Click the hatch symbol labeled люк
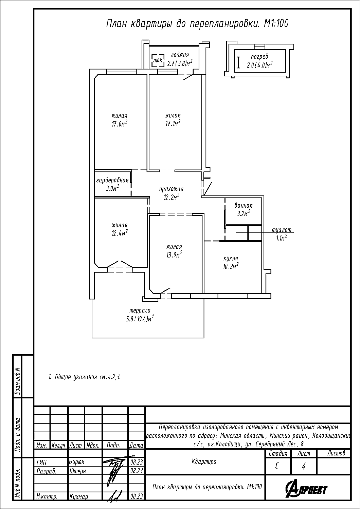pyautogui.click(x=158, y=60)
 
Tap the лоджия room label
pyautogui.click(x=180, y=55)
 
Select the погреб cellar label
pyautogui.click(x=259, y=57)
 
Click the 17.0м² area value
pyautogui.click(x=119, y=124)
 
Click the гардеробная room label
pyautogui.click(x=112, y=180)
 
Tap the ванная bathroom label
pyautogui.click(x=243, y=205)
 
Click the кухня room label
pyautogui.click(x=231, y=259)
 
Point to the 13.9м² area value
pyautogui.click(x=174, y=255)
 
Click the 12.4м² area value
pyautogui.click(x=120, y=233)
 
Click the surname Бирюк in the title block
pyautogui.click(x=76, y=462)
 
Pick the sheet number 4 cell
pyautogui.click(x=303, y=467)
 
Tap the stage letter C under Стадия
pyautogui.click(x=277, y=467)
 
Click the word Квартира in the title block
pyautogui.click(x=204, y=462)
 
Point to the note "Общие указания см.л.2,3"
pyautogui.click(x=84, y=377)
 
